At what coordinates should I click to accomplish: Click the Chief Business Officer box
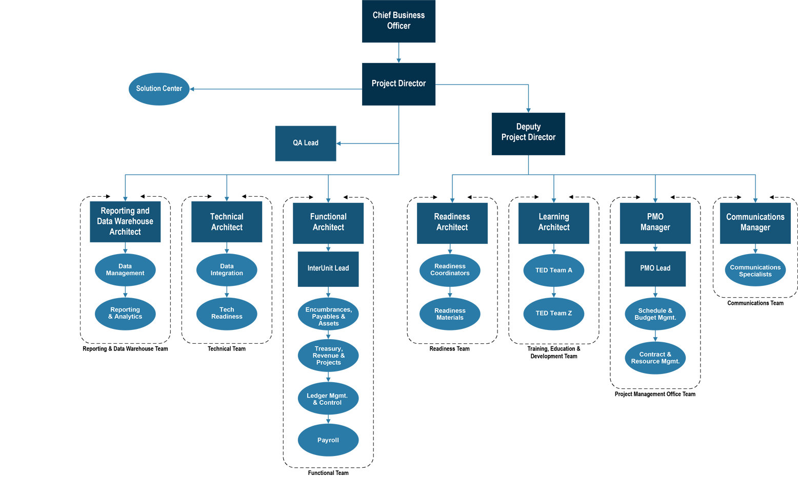tap(398, 20)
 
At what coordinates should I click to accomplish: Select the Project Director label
tap(398, 84)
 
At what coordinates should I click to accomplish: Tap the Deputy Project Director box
tap(528, 132)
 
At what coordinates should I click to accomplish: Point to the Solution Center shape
tap(159, 89)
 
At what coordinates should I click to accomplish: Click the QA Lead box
tap(306, 143)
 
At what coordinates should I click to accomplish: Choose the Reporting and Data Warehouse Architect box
tap(125, 221)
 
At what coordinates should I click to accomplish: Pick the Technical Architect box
tap(227, 222)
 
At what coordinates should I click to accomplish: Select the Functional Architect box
tap(328, 222)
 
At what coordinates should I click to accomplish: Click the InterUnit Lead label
tap(328, 268)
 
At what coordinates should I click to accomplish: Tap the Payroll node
tap(328, 440)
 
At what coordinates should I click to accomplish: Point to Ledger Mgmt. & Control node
tap(328, 399)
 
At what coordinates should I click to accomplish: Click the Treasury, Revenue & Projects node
tap(328, 356)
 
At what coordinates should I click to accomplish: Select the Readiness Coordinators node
tap(450, 269)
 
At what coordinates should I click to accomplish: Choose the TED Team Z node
tap(554, 313)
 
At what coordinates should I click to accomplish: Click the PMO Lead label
tap(655, 268)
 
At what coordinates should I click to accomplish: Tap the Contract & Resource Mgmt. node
tap(655, 358)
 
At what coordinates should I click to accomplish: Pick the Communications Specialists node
tap(755, 271)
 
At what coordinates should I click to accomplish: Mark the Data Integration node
tap(227, 269)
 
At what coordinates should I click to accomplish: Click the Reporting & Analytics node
tap(125, 313)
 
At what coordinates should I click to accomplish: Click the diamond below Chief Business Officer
tap(398, 52)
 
